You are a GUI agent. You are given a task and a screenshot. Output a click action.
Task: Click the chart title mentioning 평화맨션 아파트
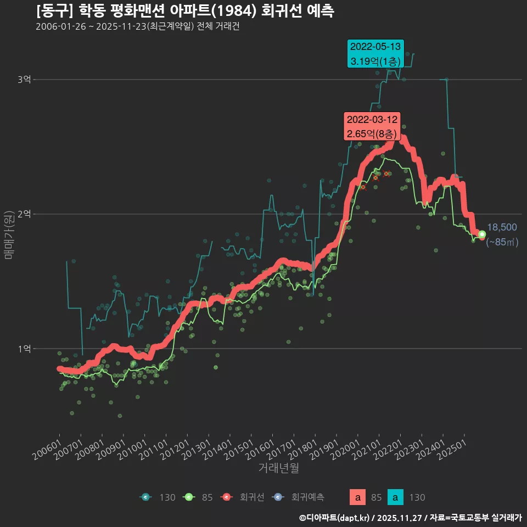coord(184,11)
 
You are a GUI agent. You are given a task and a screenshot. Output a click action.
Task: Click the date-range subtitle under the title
coord(137,27)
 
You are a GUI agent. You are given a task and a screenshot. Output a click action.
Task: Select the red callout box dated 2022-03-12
coord(372,126)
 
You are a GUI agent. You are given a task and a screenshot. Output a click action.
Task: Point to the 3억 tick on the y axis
coord(24,80)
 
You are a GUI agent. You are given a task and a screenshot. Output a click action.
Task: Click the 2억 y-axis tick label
coord(24,214)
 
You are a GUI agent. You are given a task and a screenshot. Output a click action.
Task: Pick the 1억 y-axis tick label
coord(24,349)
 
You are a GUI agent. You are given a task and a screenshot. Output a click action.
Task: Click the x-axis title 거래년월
coord(278,468)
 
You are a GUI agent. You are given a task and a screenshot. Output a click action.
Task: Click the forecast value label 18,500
coord(502,227)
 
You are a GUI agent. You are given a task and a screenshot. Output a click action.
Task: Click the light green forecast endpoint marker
coord(482,234)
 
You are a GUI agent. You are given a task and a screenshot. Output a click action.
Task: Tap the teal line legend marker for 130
coord(145,497)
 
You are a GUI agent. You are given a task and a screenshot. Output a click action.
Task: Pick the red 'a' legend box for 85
coord(358,497)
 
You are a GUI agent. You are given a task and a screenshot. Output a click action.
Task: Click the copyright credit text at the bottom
coord(410,517)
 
